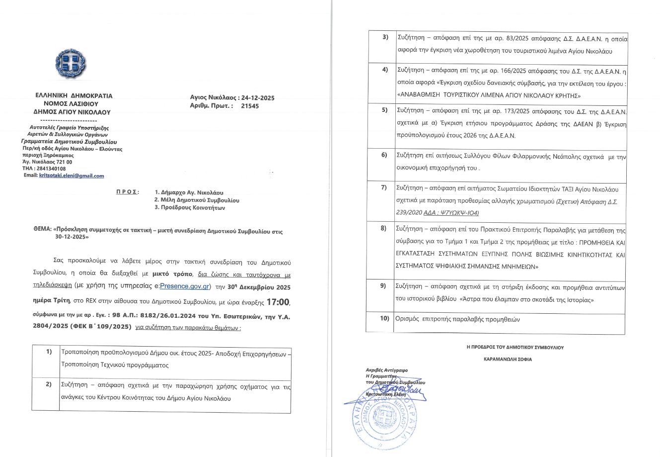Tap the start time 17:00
coord(277,302)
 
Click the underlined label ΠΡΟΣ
coord(128,192)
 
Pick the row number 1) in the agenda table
coord(49,352)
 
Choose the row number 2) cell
coord(49,383)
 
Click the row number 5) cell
coord(384,110)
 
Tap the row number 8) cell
coord(383,228)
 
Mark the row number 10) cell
coord(384,318)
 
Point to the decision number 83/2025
coord(508,38)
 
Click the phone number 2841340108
coord(50,169)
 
